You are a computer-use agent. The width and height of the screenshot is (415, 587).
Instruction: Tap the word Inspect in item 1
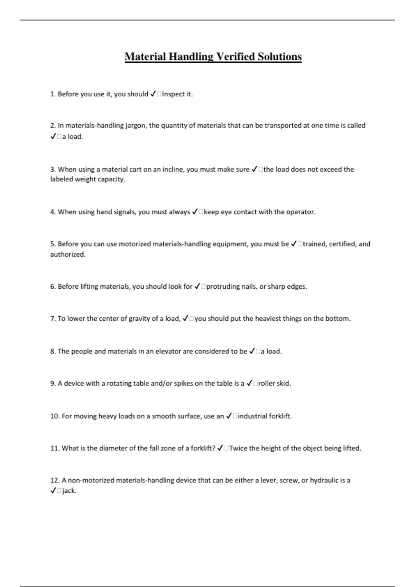[173, 94]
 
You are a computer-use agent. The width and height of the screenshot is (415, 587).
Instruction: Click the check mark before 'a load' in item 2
[53, 136]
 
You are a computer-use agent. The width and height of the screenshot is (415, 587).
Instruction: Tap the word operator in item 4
[301, 212]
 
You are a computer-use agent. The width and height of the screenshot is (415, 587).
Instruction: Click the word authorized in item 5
[68, 254]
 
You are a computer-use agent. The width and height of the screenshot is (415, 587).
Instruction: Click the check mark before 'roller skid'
[249, 383]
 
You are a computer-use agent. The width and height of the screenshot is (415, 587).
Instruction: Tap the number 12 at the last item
[55, 480]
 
